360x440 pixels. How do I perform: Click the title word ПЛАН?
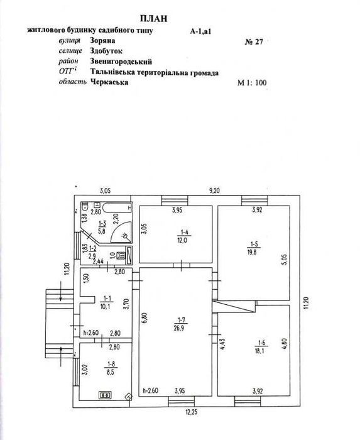153,18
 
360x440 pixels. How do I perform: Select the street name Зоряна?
102,40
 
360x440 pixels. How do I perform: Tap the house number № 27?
254,42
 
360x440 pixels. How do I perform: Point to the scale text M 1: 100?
252,83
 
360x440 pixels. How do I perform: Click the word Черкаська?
109,82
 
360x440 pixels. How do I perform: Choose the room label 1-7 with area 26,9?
179,324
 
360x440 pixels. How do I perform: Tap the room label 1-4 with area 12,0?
184,236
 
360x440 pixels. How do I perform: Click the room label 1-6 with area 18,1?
261,347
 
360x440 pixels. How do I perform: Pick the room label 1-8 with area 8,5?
111,368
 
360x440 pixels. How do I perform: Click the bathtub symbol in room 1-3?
117,208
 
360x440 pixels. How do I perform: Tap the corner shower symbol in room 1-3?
121,232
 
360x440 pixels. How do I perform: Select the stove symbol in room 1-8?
105,395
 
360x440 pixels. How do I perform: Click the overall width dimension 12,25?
190,412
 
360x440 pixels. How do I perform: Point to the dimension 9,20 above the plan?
214,190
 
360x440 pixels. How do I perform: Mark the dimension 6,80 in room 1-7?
145,318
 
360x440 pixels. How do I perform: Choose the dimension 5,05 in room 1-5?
284,259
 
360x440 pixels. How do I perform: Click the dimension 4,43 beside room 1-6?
223,343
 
